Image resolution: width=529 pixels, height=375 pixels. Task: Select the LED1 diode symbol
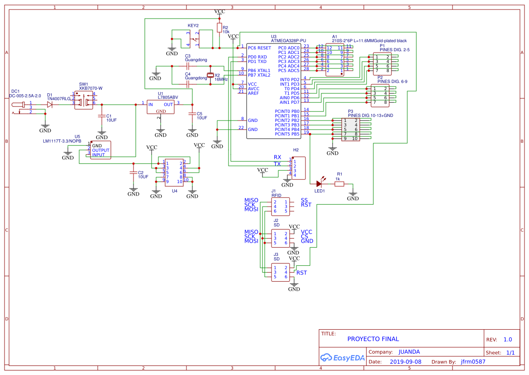pyautogui.click(x=319, y=183)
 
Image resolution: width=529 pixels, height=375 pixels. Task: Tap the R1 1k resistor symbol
pyautogui.click(x=339, y=184)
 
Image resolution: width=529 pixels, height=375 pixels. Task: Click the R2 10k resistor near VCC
pyautogui.click(x=219, y=28)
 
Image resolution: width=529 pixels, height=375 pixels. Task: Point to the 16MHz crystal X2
pyautogui.click(x=210, y=75)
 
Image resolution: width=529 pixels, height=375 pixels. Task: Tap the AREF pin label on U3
pyautogui.click(x=253, y=93)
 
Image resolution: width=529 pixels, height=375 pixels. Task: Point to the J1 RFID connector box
pyautogui.click(x=280, y=207)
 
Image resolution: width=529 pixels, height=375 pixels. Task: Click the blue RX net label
pyautogui.click(x=277, y=157)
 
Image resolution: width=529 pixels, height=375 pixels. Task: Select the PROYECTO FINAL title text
pyautogui.click(x=373, y=339)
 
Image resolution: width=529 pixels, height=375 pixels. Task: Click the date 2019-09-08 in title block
pyautogui.click(x=405, y=362)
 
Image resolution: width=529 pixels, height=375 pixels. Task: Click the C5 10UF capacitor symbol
pyautogui.click(x=192, y=113)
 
